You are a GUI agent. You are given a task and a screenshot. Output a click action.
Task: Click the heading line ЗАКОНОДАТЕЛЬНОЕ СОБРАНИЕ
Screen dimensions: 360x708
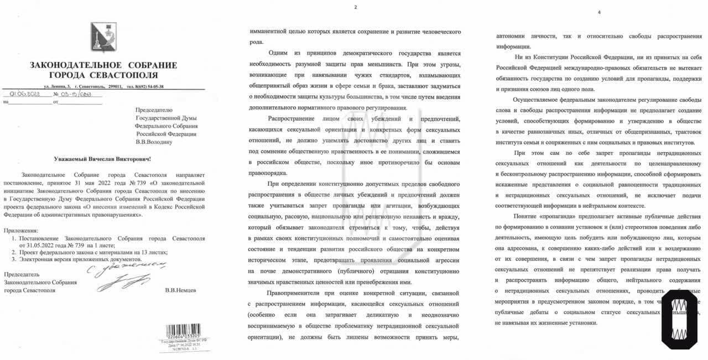pyautogui.click(x=103, y=65)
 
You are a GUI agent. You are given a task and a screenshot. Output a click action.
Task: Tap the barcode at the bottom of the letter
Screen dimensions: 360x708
pyautogui.click(x=179, y=332)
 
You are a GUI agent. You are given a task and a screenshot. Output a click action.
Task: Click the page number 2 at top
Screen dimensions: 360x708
pyautogui.click(x=356, y=7)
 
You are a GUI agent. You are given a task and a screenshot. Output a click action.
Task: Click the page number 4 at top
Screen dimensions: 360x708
pyautogui.click(x=598, y=12)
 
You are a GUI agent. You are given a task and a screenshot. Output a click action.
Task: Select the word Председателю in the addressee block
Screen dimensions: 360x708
pyautogui.click(x=154, y=109)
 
